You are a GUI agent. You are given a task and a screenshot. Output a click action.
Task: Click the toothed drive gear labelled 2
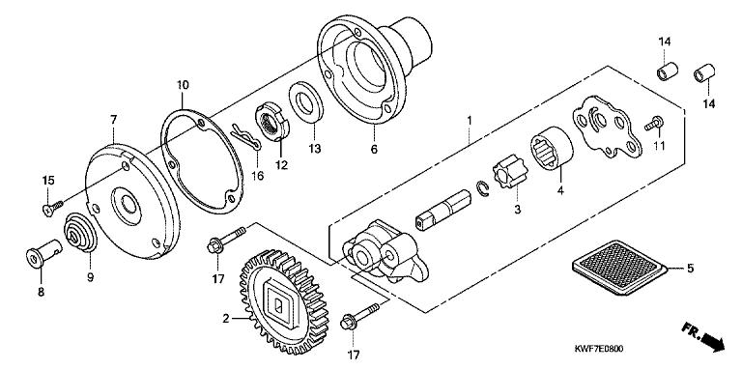point(284,301)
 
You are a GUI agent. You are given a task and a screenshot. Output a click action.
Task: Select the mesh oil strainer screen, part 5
point(619,267)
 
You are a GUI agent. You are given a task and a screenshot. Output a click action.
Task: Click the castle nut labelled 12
point(271,124)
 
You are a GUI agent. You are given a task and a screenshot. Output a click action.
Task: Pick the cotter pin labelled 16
point(245,137)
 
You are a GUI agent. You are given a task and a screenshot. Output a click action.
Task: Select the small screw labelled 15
point(51,208)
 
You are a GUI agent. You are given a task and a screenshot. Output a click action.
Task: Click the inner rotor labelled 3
point(507,174)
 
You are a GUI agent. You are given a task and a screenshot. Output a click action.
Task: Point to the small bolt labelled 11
point(654,124)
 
